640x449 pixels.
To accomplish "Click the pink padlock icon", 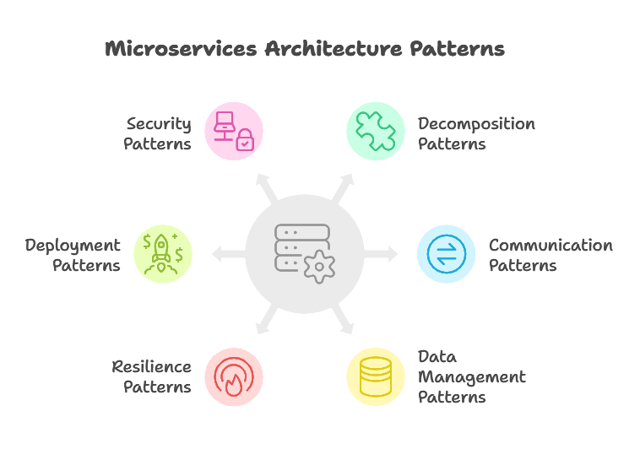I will click(244, 140).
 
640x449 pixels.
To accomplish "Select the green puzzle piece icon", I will click(376, 131).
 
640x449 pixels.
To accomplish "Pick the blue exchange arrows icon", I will click(447, 254).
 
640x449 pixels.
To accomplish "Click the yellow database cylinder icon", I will click(376, 376).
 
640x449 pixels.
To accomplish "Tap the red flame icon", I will click(234, 376).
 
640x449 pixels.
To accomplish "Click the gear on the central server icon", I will click(318, 268).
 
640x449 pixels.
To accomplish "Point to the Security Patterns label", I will click(158, 133).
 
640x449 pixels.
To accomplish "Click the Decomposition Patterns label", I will click(476, 133).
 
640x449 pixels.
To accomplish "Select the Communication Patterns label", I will click(551, 255).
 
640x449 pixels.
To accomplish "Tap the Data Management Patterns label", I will click(471, 376).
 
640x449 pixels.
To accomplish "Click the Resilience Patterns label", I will click(152, 376).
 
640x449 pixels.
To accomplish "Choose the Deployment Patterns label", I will click(73, 255).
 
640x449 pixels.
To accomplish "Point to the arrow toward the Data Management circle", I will click(344, 320).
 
